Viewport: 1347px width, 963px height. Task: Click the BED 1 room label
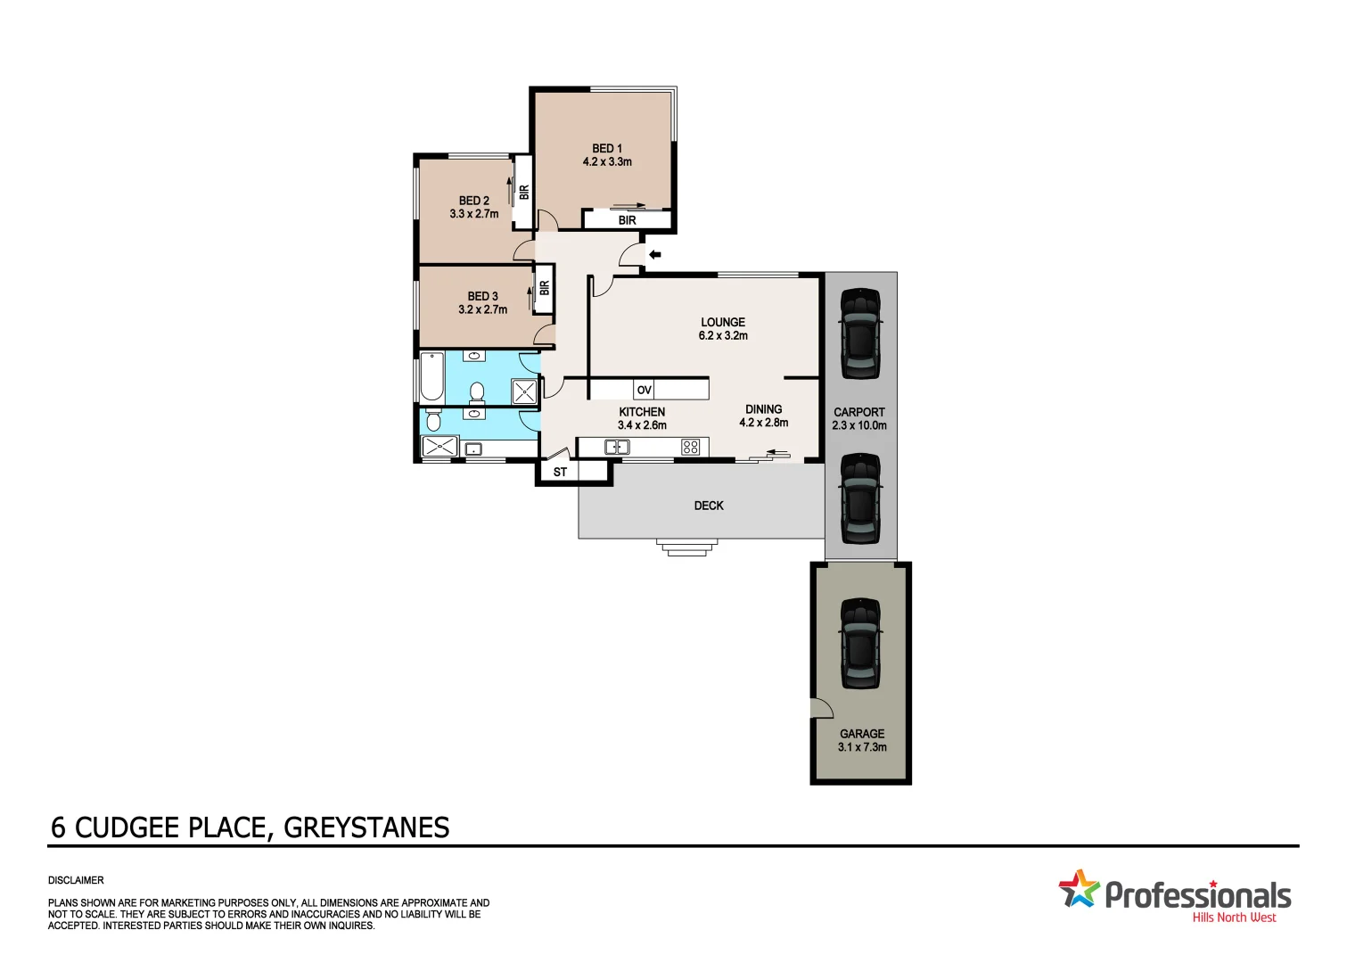pos(607,149)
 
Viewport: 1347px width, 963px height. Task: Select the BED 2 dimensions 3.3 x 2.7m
pos(474,215)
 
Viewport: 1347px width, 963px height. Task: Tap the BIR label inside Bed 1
pos(627,220)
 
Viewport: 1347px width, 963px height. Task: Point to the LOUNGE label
pos(723,322)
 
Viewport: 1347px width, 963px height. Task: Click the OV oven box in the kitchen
pos(644,390)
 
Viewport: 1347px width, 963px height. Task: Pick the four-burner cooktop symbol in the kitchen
pos(690,447)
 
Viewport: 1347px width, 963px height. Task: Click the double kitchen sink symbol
pos(617,447)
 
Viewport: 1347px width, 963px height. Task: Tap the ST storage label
pos(560,473)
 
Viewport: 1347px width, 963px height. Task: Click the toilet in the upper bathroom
pos(477,391)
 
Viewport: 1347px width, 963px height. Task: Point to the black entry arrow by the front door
pos(654,255)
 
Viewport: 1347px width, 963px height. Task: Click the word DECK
pos(709,506)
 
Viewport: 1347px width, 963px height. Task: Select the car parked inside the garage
pos(860,643)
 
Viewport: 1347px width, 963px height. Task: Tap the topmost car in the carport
pos(860,333)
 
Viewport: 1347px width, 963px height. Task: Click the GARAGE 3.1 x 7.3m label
pos(862,741)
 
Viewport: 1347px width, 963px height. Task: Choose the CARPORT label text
pos(859,412)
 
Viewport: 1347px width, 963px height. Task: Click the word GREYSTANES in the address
pos(366,828)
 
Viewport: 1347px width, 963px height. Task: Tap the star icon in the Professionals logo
pos(1079,889)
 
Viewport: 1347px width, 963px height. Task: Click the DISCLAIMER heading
pos(76,880)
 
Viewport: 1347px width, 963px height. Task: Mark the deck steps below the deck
pos(686,547)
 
